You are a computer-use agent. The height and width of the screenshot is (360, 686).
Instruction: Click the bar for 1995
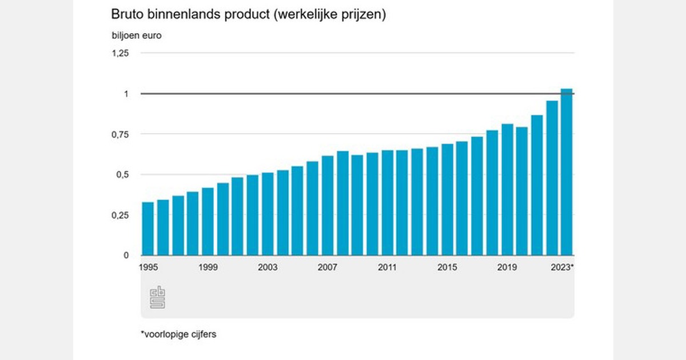click(147, 229)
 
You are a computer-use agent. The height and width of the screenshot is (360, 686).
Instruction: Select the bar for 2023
click(567, 172)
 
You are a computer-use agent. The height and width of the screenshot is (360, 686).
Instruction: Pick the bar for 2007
click(328, 206)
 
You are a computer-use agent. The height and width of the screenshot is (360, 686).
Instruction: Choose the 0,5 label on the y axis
click(123, 175)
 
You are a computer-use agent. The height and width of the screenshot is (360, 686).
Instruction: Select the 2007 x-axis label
click(328, 267)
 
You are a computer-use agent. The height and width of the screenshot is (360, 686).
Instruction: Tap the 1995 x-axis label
click(148, 267)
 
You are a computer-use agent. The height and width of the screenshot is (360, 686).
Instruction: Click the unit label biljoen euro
click(137, 35)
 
